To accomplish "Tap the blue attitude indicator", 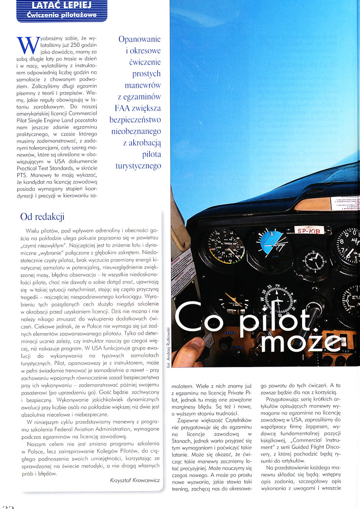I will [x=273, y=241].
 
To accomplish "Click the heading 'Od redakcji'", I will [x=42, y=217].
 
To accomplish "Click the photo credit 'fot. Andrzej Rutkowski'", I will [x=169, y=346].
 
